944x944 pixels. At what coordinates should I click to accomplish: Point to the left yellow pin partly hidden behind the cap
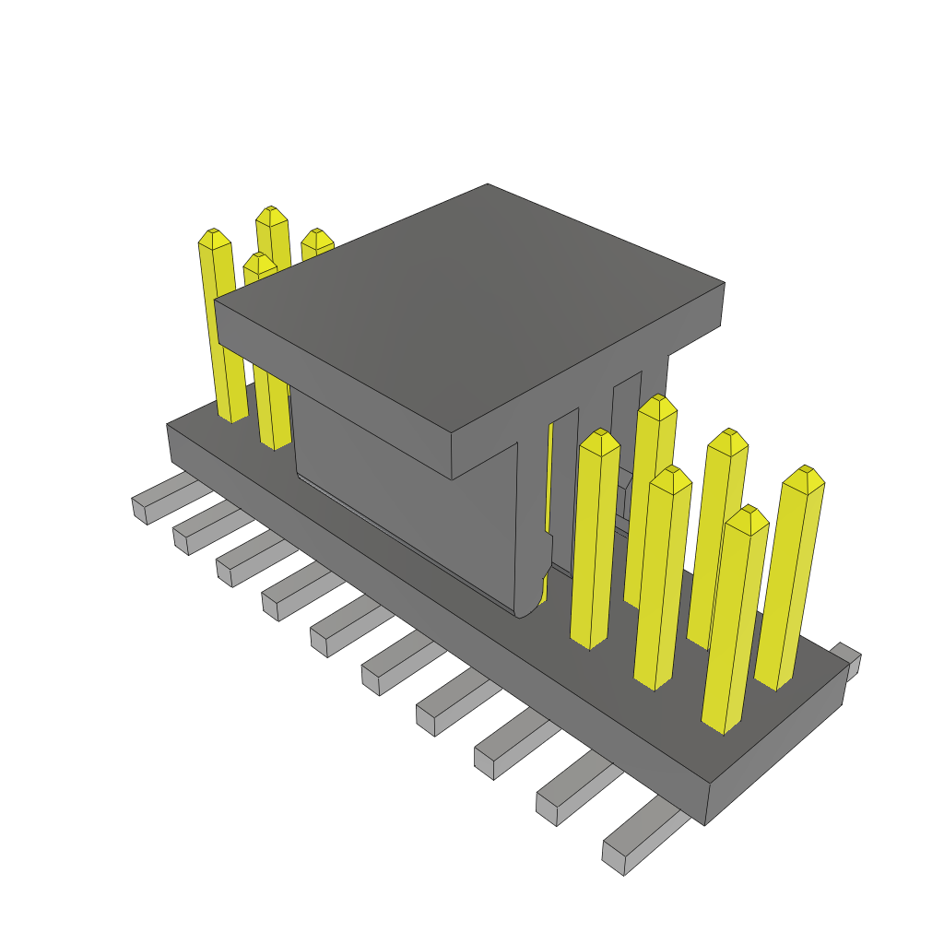click(316, 241)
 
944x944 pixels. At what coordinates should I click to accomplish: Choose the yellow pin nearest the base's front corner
click(733, 627)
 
